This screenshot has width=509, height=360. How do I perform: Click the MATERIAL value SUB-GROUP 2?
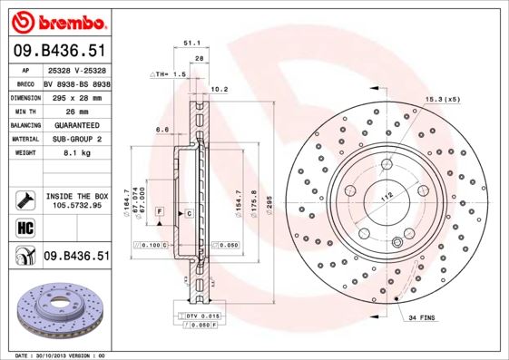[x=75, y=140]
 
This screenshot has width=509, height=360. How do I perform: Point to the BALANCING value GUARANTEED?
[x=75, y=125]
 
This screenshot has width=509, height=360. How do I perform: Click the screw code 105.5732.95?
[x=76, y=206]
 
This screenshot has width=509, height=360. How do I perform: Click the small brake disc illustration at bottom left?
[x=57, y=308]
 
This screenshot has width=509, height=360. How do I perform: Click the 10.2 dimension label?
[x=219, y=89]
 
